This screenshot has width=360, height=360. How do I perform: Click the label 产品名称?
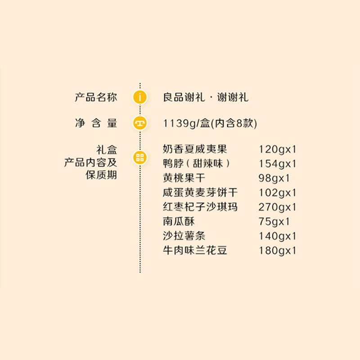point(95,97)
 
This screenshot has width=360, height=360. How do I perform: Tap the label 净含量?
point(95,123)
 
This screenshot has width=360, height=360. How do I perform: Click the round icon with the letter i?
point(140,97)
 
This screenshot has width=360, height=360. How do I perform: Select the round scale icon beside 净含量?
point(140,123)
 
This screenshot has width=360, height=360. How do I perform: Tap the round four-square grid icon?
point(140,157)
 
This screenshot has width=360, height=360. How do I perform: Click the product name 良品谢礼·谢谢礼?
point(206,97)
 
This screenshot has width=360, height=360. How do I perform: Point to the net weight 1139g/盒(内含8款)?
point(210,123)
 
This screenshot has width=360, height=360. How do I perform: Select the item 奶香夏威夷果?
point(195,149)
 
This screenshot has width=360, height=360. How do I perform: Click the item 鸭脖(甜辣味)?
point(197,163)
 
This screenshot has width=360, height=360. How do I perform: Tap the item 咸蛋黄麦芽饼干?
point(200,193)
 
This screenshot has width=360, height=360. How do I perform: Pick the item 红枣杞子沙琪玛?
point(200,207)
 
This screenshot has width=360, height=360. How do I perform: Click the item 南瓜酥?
point(179,221)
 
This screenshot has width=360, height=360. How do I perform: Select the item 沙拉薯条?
point(184,236)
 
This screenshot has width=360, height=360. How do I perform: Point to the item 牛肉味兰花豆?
point(195,251)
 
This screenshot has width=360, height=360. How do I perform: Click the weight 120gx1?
point(278,149)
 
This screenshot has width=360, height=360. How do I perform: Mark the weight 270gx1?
point(278,207)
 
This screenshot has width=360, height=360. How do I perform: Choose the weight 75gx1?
point(274,222)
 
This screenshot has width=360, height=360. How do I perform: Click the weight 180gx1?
point(278,251)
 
